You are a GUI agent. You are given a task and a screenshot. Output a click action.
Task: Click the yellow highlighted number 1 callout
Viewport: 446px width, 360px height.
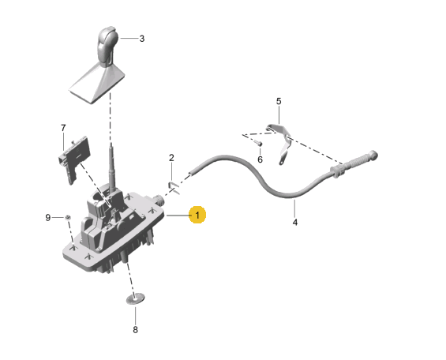point(197,215)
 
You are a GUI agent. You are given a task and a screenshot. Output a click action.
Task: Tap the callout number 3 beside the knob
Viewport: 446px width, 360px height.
point(142,39)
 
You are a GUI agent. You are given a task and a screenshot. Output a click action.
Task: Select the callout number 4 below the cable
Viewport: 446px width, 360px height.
point(295,223)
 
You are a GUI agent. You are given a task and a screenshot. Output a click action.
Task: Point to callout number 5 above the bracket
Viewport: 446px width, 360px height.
point(279,101)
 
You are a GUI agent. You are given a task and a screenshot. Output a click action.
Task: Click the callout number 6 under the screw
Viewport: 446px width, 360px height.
point(260,159)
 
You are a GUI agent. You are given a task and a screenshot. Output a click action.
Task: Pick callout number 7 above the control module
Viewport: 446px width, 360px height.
point(63,128)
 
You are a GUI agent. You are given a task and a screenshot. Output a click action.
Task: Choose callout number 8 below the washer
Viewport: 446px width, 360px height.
point(136,330)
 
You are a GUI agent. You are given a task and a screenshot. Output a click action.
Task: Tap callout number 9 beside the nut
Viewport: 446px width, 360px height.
point(48,218)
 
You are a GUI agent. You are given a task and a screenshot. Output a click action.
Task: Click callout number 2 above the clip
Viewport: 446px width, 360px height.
point(171,158)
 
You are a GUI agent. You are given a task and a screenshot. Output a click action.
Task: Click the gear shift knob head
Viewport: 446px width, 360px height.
point(107,46)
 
